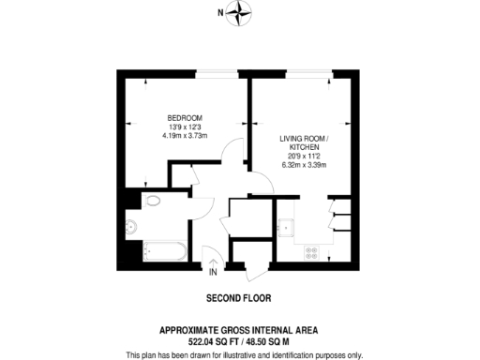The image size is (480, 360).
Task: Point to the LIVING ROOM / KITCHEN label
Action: coord(300,142)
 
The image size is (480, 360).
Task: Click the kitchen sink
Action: coord(288,226)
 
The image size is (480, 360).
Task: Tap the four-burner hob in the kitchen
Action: coord(311,251)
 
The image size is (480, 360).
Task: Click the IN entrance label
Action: coord(213,273)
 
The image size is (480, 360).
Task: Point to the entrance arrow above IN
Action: coord(213,262)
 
